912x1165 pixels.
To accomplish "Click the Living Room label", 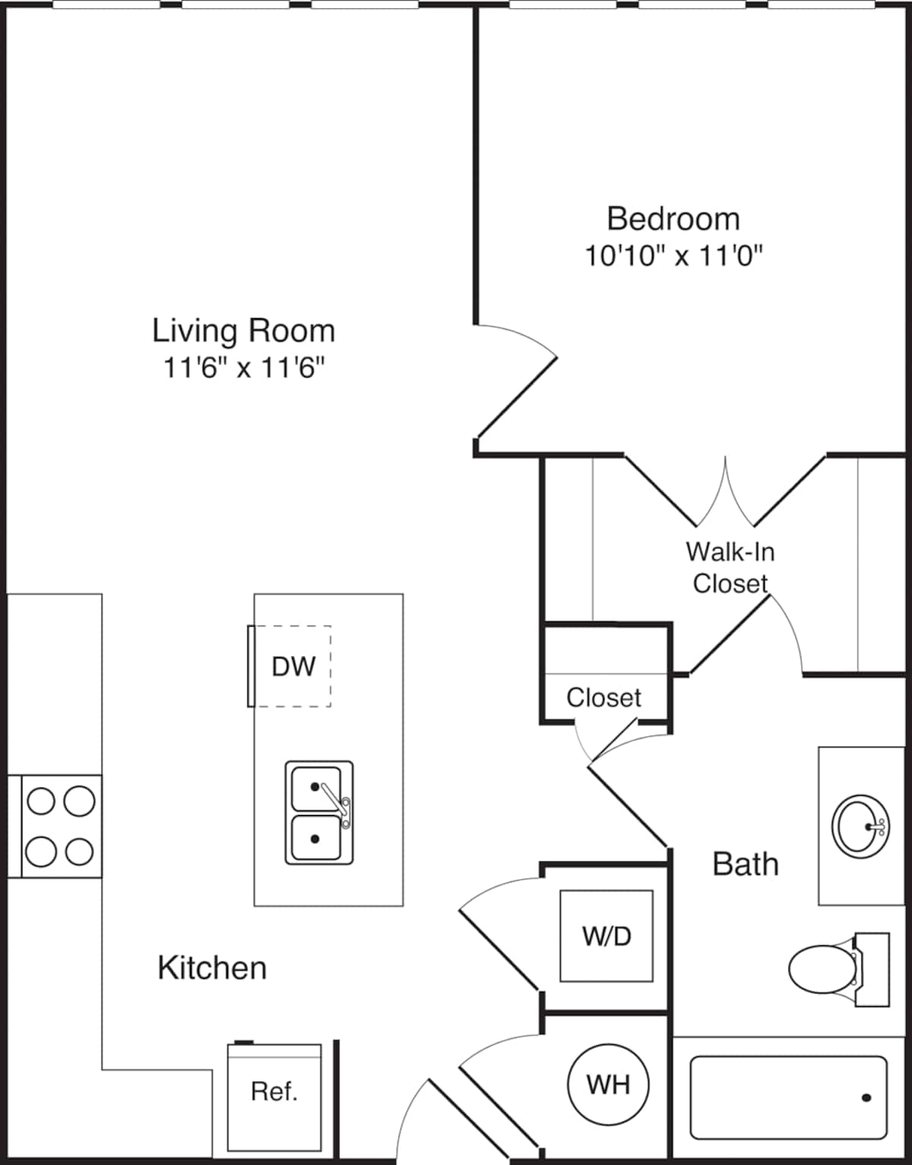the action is (244, 331).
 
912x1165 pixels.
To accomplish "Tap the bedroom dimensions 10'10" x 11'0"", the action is (673, 256).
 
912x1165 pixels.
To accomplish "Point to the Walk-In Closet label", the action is (730, 567).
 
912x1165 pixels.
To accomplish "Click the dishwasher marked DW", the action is (290, 666).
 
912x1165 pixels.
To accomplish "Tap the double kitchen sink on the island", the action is (319, 812).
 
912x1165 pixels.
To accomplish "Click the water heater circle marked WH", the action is (608, 1084).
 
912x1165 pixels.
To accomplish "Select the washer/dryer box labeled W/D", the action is (606, 936).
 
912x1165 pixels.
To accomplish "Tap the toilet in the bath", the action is (839, 969).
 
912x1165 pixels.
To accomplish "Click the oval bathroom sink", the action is (860, 826).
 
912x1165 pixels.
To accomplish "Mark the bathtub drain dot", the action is (866, 1098).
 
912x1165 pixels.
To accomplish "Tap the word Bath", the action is (746, 864).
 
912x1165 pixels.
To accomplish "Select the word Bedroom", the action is (673, 219).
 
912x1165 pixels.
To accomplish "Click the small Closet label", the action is (604, 697).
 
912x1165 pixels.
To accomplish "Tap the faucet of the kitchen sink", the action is (337, 806).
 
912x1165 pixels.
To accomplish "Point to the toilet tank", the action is (872, 969).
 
